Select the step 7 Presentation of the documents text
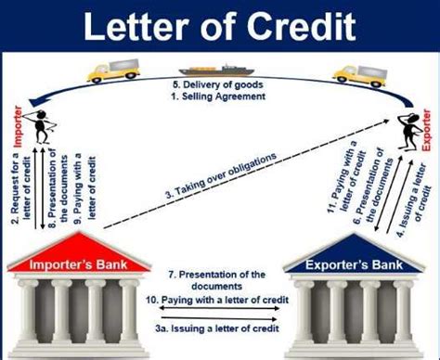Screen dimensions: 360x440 pyautogui.click(x=220, y=280)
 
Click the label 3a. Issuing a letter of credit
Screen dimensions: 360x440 pyautogui.click(x=220, y=331)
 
